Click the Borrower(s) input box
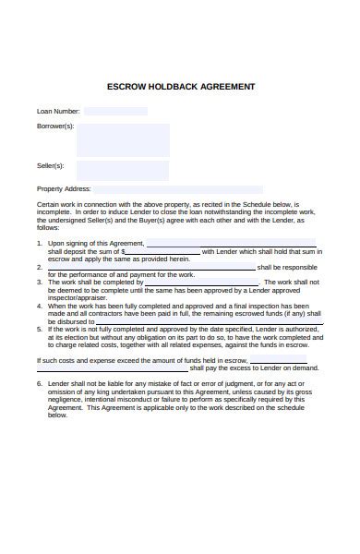(123, 140)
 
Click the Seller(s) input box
(123, 170)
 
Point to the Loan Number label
(58, 111)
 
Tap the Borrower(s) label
(55, 126)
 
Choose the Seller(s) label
(51, 166)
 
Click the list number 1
(40, 243)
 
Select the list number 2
(40, 267)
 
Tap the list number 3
(40, 282)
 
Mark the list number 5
(40, 329)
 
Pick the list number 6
(40, 383)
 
